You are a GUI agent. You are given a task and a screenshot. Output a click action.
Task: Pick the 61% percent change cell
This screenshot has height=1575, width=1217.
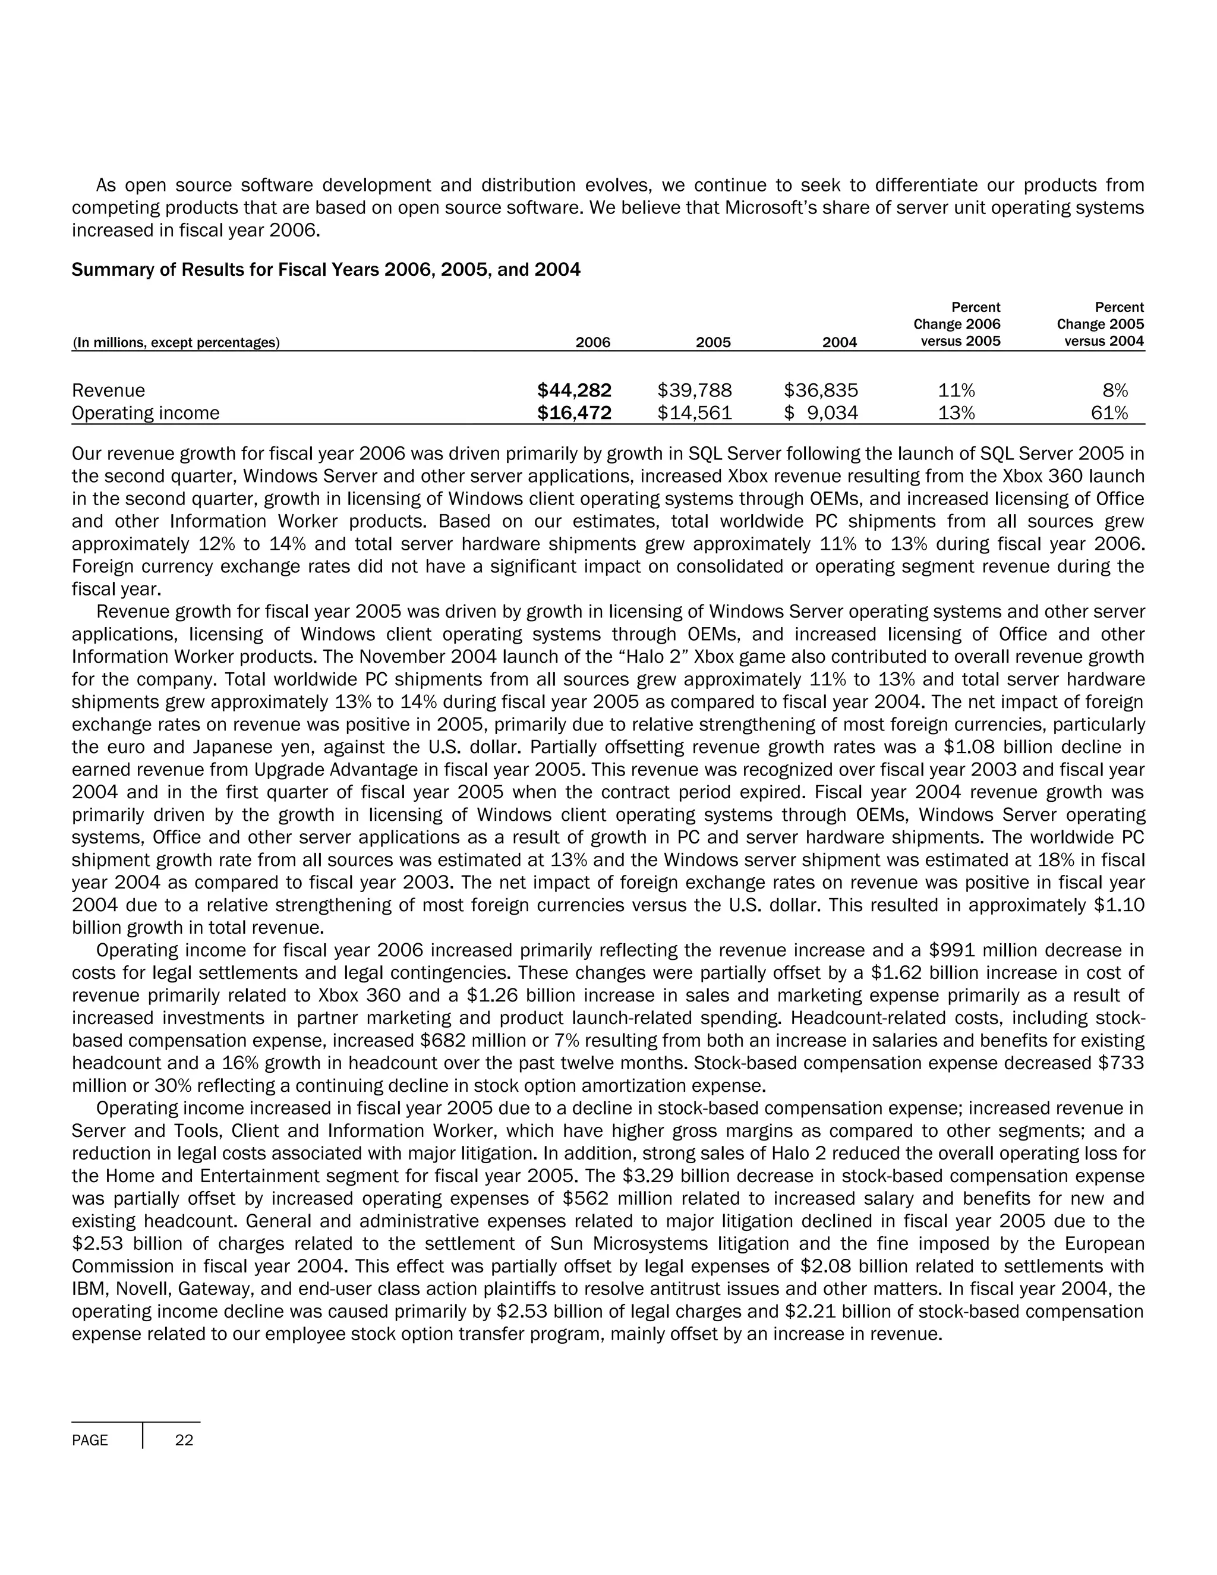point(1114,412)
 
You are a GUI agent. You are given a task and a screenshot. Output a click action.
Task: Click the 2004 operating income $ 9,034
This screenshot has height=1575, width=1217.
point(821,412)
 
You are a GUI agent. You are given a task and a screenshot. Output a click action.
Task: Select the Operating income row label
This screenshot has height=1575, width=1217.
point(146,412)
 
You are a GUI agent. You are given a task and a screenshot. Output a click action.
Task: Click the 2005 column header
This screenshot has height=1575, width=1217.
point(713,342)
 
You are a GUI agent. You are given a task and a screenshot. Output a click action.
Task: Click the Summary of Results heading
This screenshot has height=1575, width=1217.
point(326,270)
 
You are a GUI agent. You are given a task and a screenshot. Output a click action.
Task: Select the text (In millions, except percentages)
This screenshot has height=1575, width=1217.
point(176,342)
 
